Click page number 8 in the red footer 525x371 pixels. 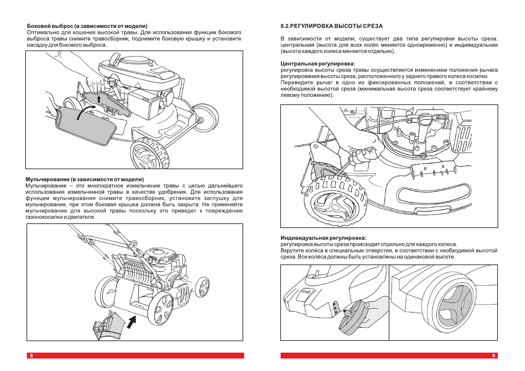pyautogui.click(x=31, y=355)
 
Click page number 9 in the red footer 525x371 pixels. pyautogui.click(x=493, y=355)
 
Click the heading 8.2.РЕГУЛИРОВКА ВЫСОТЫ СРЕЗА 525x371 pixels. pyautogui.click(x=331, y=26)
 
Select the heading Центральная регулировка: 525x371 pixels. pyautogui.click(x=318, y=64)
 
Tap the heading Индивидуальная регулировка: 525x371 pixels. pyautogui.click(x=323, y=238)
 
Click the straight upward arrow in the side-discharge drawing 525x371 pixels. pyautogui.click(x=99, y=99)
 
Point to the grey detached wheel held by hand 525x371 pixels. pyautogui.click(x=353, y=317)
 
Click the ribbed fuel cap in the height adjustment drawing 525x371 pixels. pyautogui.click(x=425, y=119)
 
